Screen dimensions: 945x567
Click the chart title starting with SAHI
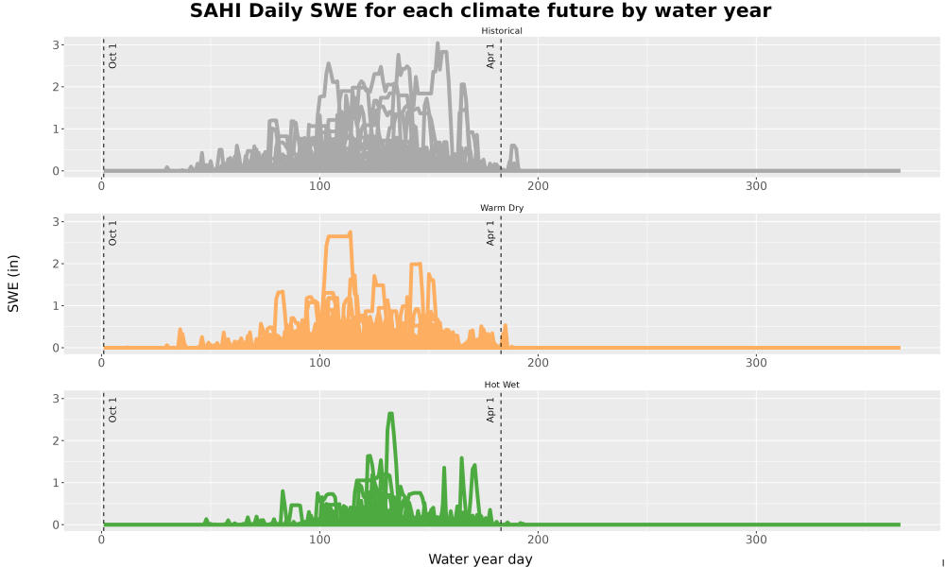[480, 10]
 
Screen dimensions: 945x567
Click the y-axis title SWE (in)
[13, 283]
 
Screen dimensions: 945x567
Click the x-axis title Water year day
[480, 558]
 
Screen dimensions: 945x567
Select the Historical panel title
[502, 31]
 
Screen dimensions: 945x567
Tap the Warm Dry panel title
[502, 208]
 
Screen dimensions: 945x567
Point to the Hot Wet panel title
[502, 385]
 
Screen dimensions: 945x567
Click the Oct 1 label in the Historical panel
[112, 56]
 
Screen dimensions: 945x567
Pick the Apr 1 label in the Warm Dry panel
[490, 232]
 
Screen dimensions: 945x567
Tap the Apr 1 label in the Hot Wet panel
[490, 409]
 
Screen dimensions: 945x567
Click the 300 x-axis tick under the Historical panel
[756, 186]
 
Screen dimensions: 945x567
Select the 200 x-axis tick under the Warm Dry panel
[539, 363]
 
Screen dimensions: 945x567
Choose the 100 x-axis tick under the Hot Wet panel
[320, 540]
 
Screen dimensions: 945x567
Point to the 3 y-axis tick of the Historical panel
[56, 45]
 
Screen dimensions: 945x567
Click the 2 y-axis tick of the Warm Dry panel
[56, 264]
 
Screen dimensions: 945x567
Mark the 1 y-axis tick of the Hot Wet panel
[56, 483]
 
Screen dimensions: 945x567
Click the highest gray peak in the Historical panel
[438, 43]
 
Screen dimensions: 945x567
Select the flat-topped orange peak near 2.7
[338, 235]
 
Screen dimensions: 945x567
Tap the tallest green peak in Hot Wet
[390, 415]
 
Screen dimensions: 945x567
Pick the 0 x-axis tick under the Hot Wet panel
[101, 540]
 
